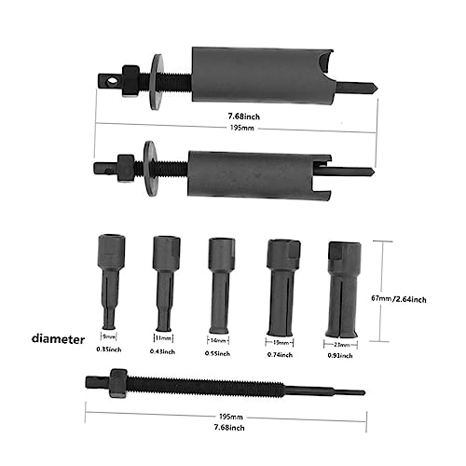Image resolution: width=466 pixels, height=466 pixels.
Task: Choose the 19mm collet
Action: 281,284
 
